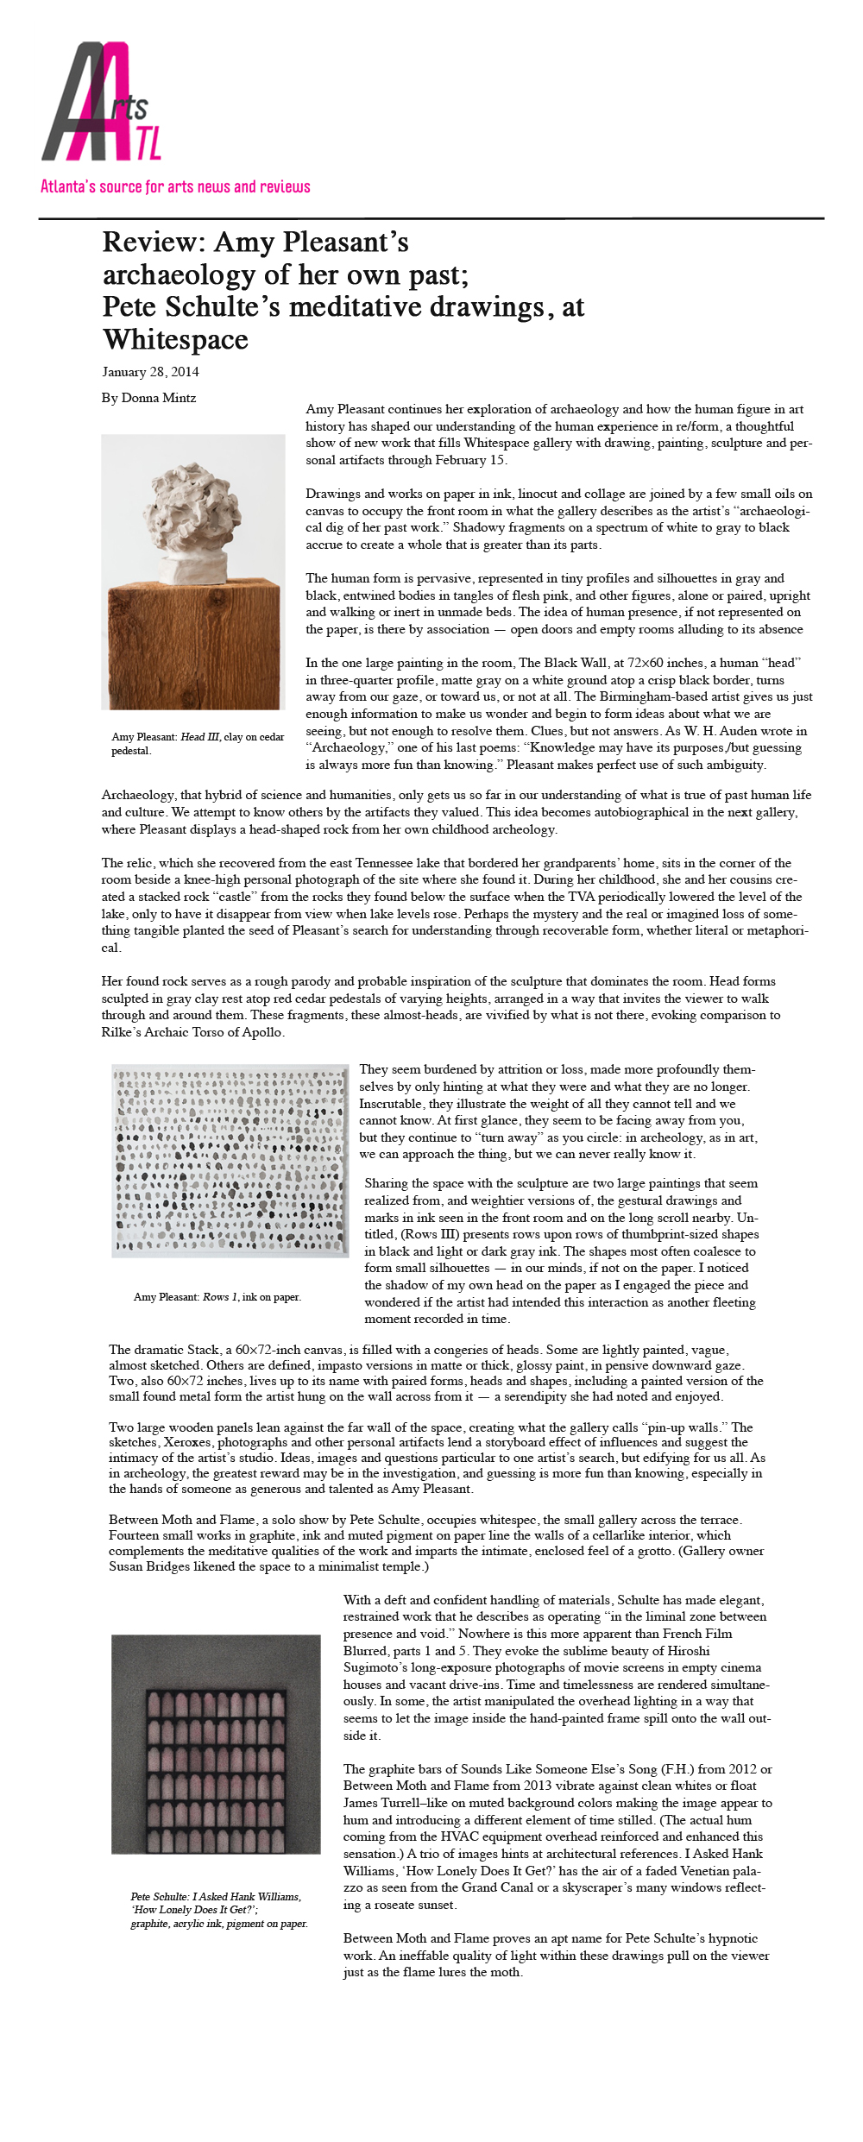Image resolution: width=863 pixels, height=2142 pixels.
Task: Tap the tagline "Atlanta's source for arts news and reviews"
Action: tap(175, 186)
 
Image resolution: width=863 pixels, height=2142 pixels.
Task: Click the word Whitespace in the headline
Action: tap(175, 340)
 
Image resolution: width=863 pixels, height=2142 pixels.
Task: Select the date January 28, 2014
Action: tap(150, 372)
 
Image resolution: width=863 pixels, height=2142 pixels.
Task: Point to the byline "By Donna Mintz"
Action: tap(148, 398)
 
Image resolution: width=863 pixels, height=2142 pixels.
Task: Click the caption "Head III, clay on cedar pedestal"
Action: tap(198, 743)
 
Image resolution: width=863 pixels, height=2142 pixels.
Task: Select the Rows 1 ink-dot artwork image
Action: tap(230, 1160)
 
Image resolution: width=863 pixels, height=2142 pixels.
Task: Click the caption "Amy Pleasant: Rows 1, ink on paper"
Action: tap(217, 1297)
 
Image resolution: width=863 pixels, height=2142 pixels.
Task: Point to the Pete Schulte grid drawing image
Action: tap(216, 1744)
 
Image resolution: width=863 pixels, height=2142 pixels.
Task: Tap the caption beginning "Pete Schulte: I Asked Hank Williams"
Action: tap(218, 1910)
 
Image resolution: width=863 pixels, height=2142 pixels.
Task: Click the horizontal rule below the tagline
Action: tap(431, 218)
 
